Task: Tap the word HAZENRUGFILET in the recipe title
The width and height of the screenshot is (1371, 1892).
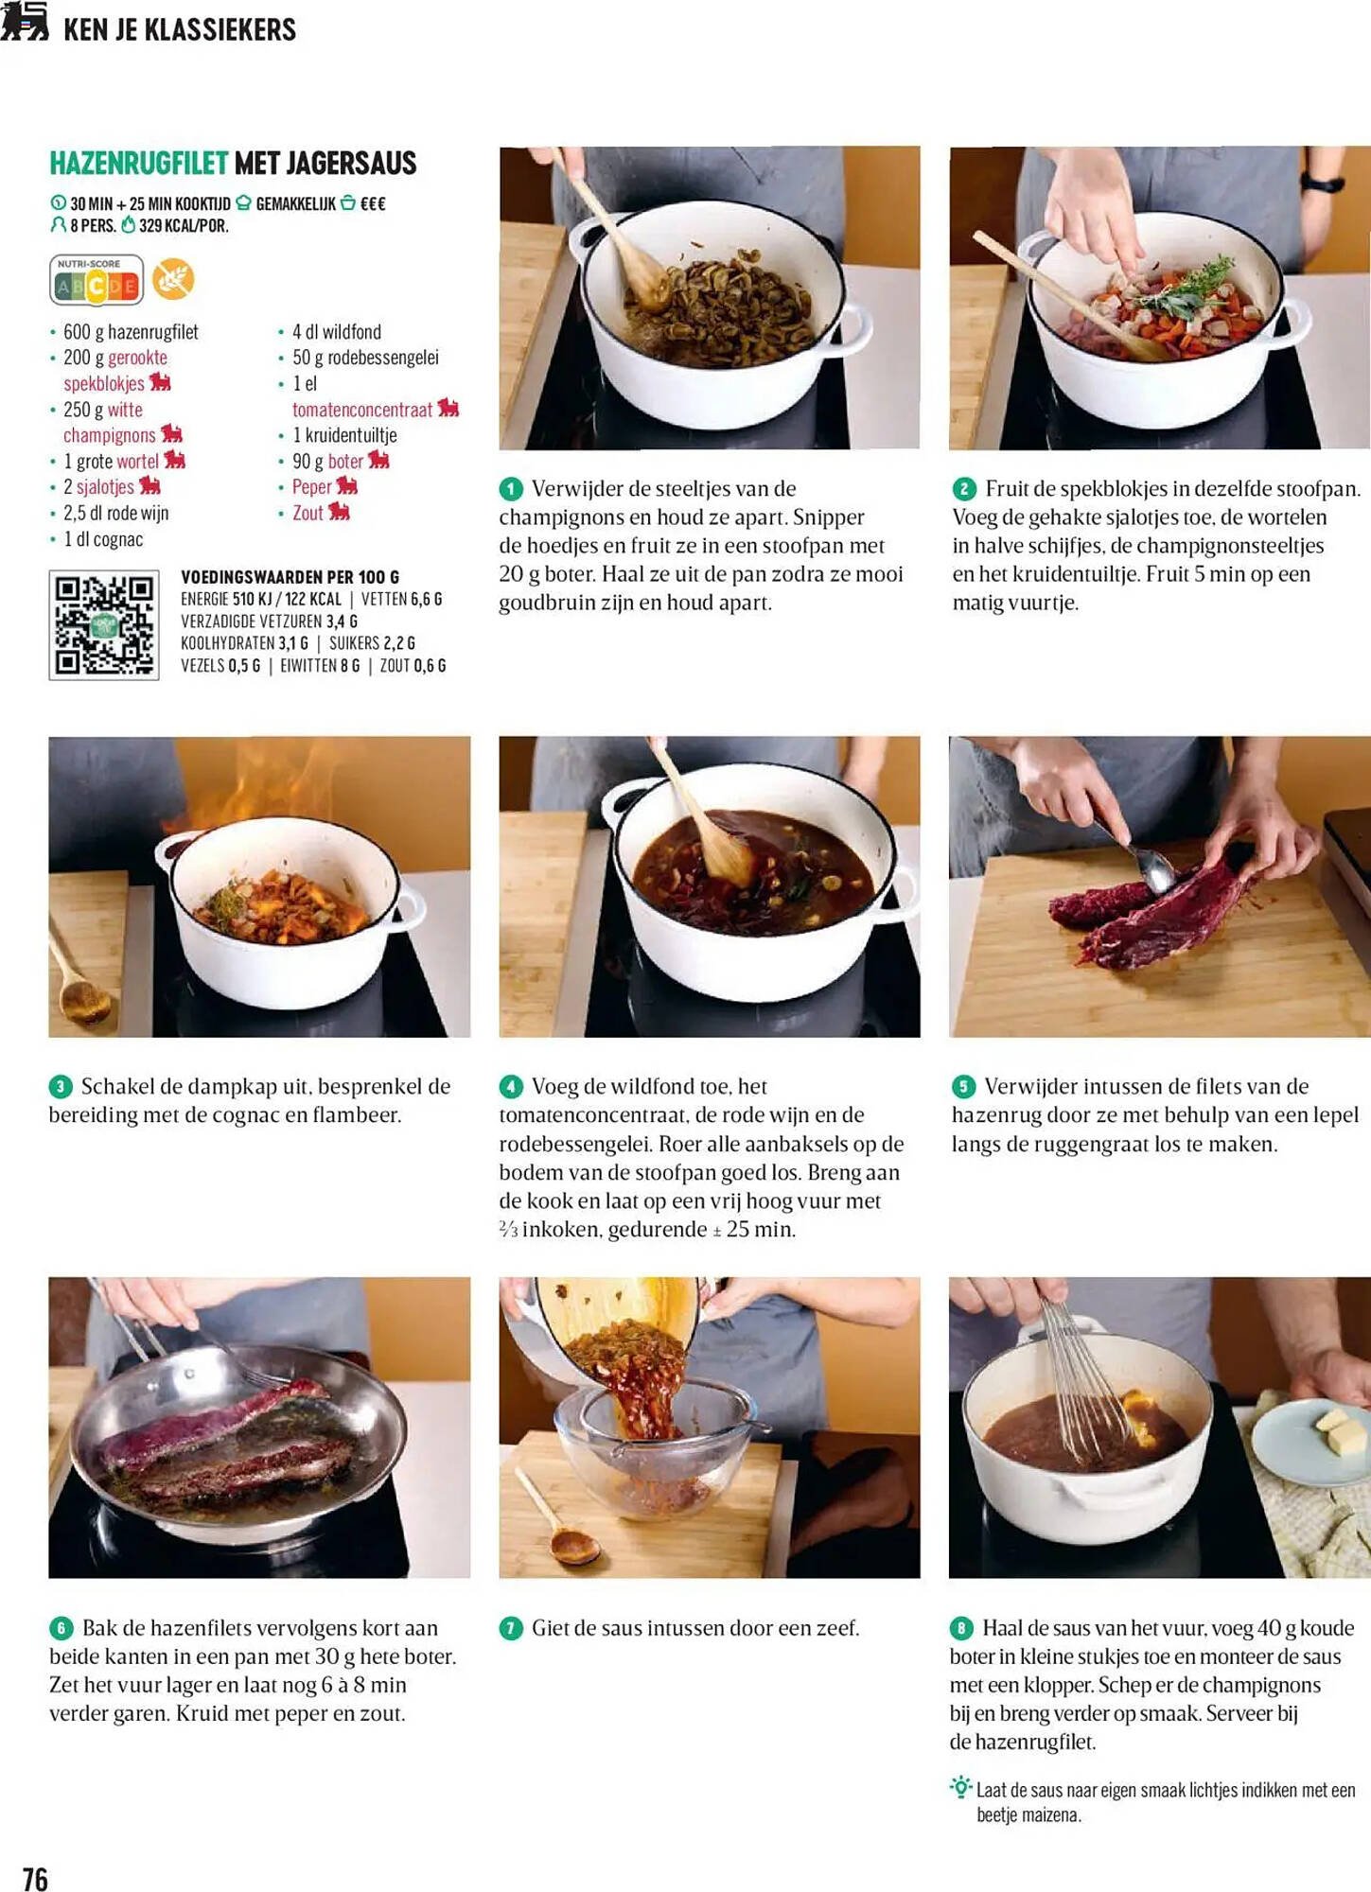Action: (x=139, y=164)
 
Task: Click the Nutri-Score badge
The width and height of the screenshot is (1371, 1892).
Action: (x=97, y=280)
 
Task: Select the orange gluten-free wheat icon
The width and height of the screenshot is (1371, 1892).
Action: (x=173, y=279)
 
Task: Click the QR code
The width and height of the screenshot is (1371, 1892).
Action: (x=104, y=625)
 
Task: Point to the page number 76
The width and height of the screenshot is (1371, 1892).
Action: (x=35, y=1879)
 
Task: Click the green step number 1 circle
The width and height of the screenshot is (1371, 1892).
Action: (x=511, y=489)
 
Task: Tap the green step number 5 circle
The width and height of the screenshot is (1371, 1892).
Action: (x=963, y=1087)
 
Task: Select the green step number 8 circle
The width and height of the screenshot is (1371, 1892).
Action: (x=961, y=1628)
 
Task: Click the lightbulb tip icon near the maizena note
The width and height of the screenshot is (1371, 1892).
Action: (x=961, y=1787)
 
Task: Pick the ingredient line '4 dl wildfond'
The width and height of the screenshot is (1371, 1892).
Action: (x=336, y=332)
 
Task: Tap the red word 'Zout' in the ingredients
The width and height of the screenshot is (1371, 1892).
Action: (x=308, y=513)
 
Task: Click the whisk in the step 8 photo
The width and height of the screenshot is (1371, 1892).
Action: (x=1088, y=1371)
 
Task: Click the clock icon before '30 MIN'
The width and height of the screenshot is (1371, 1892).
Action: (x=58, y=203)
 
